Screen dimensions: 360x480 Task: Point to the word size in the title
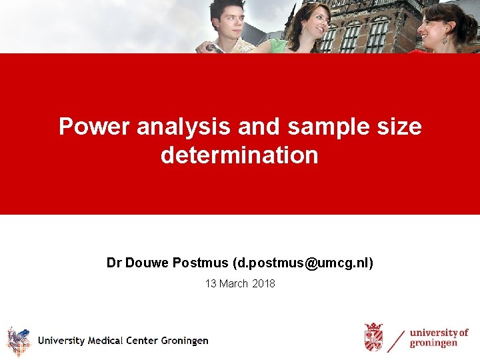(399, 126)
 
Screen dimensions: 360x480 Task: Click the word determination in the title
(239, 155)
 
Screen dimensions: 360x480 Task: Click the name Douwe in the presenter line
(147, 263)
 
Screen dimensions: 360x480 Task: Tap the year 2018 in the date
(264, 283)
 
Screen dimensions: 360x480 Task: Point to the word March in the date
(234, 283)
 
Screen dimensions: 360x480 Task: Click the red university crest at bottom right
(374, 337)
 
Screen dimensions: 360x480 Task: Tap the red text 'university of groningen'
(439, 338)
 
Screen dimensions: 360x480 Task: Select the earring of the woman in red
(445, 40)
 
